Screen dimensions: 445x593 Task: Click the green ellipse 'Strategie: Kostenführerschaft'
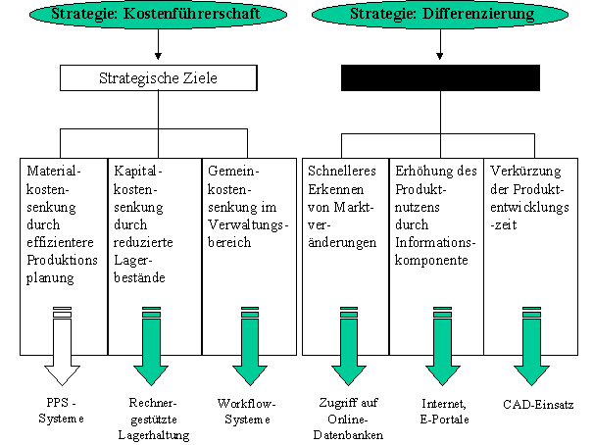click(x=146, y=17)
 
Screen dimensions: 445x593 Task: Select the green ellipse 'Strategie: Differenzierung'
click(x=440, y=17)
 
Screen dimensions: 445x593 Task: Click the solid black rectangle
click(x=440, y=77)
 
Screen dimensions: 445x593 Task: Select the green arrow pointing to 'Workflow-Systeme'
click(x=247, y=349)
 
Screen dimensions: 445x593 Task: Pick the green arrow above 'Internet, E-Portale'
click(x=435, y=349)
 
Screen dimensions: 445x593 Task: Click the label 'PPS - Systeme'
click(x=63, y=410)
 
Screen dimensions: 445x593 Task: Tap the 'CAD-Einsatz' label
click(x=537, y=403)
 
